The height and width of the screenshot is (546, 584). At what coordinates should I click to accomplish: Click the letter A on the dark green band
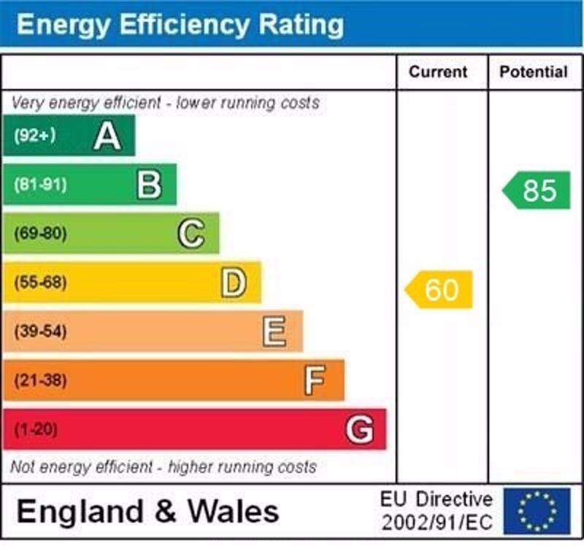click(107, 136)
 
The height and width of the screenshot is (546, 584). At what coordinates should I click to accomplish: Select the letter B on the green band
click(149, 185)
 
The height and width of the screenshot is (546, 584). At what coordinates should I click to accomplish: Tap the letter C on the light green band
click(191, 234)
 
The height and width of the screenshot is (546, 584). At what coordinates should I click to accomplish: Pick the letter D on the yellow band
click(234, 282)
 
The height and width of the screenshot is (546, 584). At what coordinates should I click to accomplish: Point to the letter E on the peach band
click(274, 332)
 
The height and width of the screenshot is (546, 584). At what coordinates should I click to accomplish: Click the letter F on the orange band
click(315, 380)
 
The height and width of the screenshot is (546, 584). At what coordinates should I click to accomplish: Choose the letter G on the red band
click(359, 429)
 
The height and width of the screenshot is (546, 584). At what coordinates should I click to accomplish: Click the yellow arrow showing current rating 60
click(439, 290)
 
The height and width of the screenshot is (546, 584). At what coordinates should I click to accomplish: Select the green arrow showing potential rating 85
click(537, 191)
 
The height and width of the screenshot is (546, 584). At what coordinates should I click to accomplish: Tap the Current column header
click(438, 72)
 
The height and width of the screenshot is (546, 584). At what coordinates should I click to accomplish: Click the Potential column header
click(533, 72)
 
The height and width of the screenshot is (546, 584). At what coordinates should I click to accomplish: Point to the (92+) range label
click(34, 136)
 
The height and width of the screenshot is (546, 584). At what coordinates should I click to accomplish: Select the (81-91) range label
click(39, 185)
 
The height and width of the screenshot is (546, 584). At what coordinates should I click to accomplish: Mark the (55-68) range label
click(39, 282)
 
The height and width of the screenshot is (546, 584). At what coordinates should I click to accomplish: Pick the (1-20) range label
click(35, 429)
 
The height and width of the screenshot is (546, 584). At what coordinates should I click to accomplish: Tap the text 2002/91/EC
click(437, 523)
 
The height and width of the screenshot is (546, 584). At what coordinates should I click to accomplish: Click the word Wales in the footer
click(234, 511)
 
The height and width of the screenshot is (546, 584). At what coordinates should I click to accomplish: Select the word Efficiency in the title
click(174, 25)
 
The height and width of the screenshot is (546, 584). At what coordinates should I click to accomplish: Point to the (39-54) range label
click(39, 332)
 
